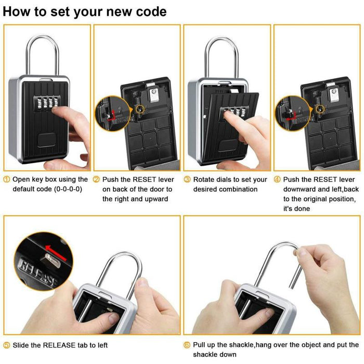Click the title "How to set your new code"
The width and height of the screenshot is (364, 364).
coord(85,11)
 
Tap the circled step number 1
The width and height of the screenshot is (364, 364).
coord(6,179)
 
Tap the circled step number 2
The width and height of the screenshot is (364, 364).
coord(96,179)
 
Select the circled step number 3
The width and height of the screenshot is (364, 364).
coord(187,179)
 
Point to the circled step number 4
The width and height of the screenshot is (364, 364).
coord(277,179)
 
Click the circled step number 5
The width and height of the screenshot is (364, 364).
coord(6,345)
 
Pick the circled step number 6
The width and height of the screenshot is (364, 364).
coord(187,345)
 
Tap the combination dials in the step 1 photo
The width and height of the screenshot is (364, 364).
coord(44,100)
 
